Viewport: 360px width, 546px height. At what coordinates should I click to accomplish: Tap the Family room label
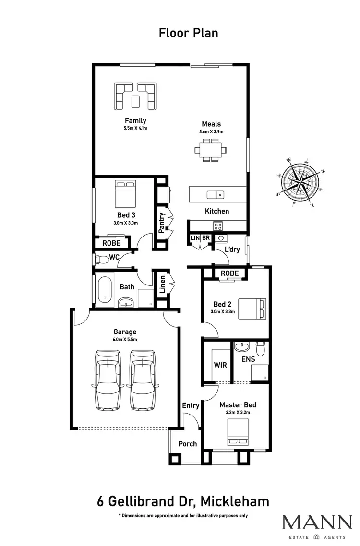[x=135, y=120]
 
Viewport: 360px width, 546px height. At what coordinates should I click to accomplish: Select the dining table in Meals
[x=210, y=150]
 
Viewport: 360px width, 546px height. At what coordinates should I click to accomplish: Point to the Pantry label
[x=162, y=223]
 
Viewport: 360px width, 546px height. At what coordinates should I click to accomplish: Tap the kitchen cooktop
[x=217, y=226]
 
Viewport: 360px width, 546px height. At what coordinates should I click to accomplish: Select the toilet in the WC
[x=101, y=259]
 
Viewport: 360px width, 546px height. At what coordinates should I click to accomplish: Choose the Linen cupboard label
[x=163, y=285]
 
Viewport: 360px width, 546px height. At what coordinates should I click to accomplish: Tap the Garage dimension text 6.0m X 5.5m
[x=125, y=339]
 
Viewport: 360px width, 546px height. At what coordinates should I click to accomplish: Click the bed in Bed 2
[x=252, y=308]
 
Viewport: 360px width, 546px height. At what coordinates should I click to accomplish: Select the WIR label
[x=220, y=365]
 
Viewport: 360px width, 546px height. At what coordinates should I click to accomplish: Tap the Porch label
[x=188, y=444]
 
